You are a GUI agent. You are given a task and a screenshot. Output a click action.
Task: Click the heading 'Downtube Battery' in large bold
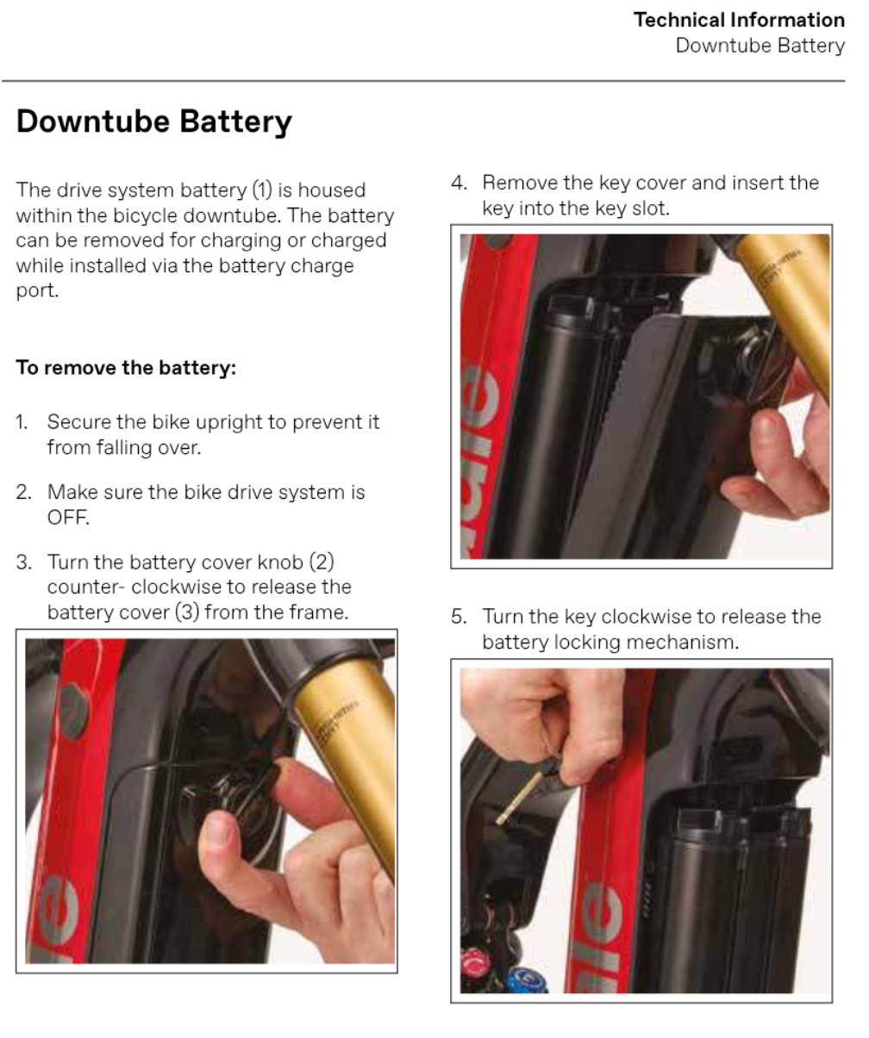pyautogui.click(x=153, y=121)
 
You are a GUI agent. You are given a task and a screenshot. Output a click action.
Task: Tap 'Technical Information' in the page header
pyautogui.click(x=739, y=20)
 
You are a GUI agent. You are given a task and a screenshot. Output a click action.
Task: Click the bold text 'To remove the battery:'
pyautogui.click(x=126, y=367)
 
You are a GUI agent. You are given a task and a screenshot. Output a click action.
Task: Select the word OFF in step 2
pyautogui.click(x=68, y=517)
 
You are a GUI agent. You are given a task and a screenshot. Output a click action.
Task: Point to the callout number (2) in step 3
pyautogui.click(x=322, y=562)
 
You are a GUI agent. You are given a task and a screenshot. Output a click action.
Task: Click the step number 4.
pyautogui.click(x=459, y=183)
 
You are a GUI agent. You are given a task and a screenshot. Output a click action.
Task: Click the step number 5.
pyautogui.click(x=459, y=617)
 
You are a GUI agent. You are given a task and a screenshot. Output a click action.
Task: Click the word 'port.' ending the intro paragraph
pyautogui.click(x=37, y=291)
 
